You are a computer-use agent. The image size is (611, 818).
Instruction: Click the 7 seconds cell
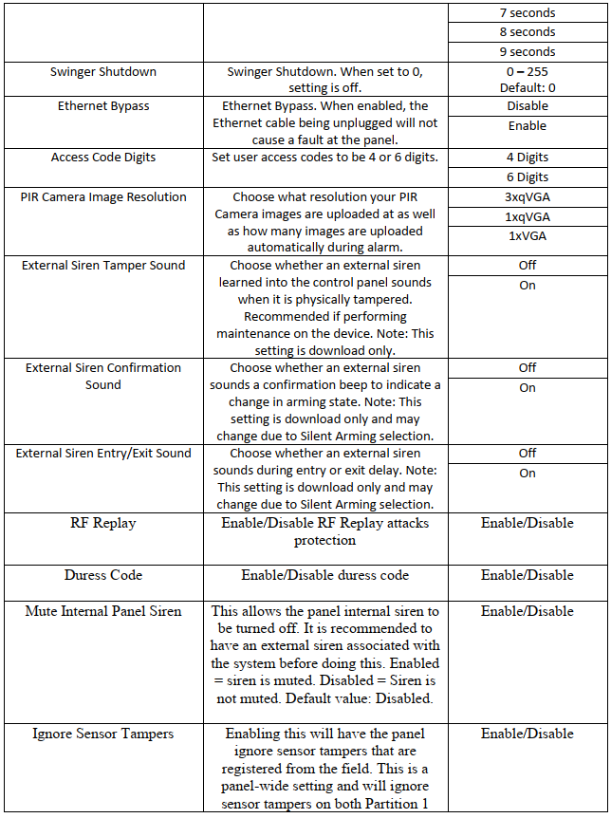527,13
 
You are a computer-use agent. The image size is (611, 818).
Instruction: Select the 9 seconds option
527,51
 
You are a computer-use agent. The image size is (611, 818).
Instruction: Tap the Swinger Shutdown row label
103,72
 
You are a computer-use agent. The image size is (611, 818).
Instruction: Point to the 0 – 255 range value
527,72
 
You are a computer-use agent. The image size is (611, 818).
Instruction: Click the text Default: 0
527,87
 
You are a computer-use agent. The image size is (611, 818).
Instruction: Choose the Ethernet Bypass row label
103,106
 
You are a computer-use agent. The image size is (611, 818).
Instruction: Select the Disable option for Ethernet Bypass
527,106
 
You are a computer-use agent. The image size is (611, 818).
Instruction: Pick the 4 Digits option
527,158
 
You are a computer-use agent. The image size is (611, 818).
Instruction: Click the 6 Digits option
527,177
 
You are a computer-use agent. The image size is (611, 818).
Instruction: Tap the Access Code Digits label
103,158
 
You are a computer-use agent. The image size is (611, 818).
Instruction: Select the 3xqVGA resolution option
527,197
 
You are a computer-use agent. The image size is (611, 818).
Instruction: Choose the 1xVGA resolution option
527,235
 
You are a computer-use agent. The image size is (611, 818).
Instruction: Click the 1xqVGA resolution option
527,216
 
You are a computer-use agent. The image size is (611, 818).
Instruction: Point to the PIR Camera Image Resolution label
103,197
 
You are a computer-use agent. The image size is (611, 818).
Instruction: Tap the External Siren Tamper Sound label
103,266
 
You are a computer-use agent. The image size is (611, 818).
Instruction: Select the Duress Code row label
102,575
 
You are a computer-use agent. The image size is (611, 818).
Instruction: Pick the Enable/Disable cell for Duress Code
527,575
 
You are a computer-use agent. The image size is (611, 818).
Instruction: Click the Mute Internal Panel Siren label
103,611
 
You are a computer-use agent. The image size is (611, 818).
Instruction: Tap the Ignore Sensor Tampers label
103,734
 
